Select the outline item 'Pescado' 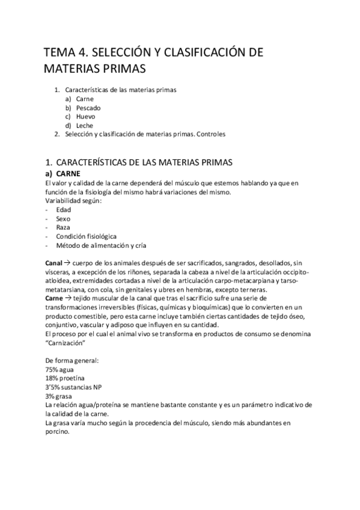point(89,107)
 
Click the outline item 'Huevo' point(86,116)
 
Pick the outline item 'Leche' point(85,125)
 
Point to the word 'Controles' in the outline point(210,134)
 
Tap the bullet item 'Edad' point(64,209)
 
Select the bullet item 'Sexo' point(63,218)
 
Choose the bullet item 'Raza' point(64,227)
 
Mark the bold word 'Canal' point(53,263)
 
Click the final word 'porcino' point(57,432)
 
